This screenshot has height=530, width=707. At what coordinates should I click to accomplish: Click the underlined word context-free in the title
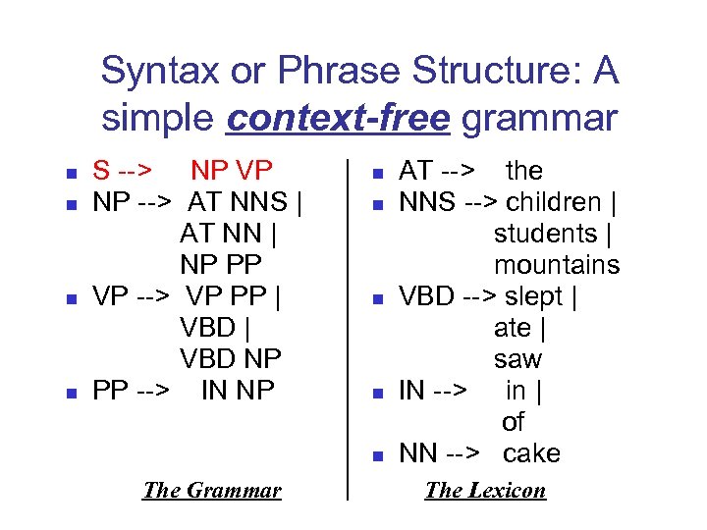pos(338,119)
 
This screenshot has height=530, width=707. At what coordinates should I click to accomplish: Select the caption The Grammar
pos(211,490)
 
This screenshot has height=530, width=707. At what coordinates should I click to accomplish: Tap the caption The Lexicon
pos(485,490)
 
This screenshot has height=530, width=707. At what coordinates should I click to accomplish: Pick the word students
pos(545,234)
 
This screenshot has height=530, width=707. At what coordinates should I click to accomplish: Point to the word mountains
pos(557,265)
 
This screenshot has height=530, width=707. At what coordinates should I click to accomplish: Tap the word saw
pos(517,359)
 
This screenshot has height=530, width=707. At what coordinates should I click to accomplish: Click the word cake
pos(531,453)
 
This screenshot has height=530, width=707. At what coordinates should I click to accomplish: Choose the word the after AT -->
pos(523,171)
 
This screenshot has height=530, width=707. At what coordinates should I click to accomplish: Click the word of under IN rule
pos(513,422)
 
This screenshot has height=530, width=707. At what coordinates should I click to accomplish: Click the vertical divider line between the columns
pos(349,324)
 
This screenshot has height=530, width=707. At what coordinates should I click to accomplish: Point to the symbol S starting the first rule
pos(101,171)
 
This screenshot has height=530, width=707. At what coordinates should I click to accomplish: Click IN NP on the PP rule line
pos(238,391)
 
